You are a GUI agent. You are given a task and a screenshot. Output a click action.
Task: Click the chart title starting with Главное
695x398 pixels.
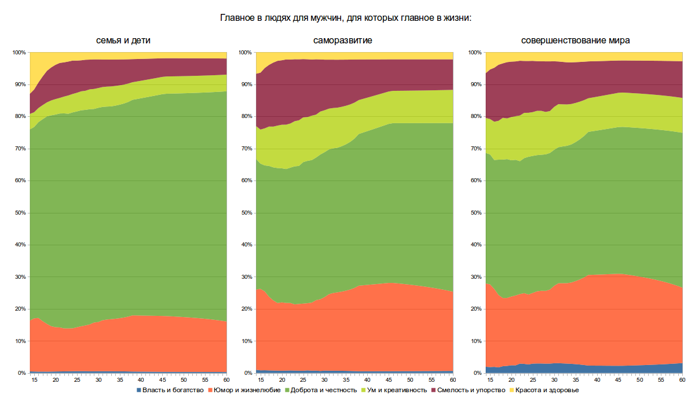tap(346, 18)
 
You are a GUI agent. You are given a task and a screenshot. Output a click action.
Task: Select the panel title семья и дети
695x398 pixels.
tap(127, 41)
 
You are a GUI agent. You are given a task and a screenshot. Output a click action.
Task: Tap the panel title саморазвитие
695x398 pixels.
tap(343, 41)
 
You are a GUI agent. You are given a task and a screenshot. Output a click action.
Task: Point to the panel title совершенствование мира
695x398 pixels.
tap(575, 41)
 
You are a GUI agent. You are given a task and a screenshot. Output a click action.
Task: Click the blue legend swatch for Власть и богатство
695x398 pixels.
tap(138, 390)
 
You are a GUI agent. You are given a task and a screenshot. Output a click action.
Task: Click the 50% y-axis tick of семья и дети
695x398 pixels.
tap(19, 213)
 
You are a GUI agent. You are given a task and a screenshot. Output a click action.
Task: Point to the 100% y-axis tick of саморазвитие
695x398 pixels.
tap(244, 53)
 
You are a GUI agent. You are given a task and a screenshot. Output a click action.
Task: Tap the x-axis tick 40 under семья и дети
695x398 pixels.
tap(141, 380)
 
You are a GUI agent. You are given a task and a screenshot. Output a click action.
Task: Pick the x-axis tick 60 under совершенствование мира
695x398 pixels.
tap(682, 380)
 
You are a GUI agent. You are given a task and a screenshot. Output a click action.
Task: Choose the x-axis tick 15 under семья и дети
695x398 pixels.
tap(34, 380)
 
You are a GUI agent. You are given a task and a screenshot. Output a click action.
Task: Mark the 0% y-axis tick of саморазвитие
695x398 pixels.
tap(247, 373)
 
